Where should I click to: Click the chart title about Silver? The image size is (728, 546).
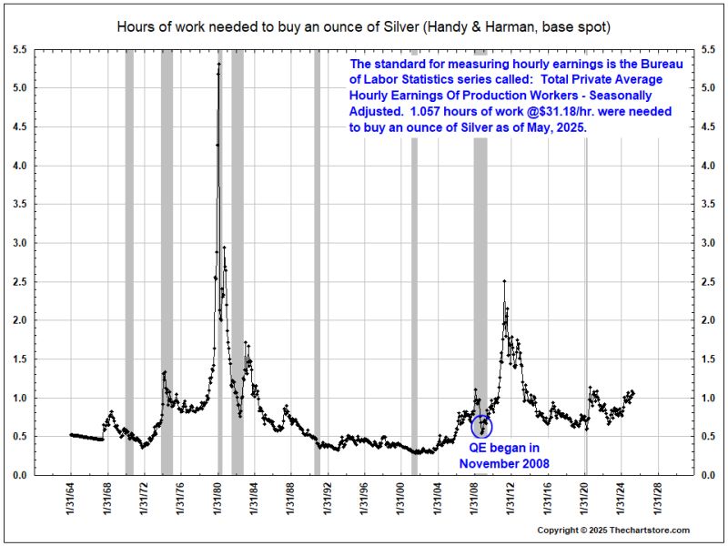pos(364,26)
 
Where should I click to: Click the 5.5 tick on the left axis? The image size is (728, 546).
pos(19,49)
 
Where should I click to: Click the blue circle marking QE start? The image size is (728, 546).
pos(482,425)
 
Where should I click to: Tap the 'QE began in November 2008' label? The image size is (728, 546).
pos(503,456)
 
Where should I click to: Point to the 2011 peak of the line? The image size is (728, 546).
pos(504,281)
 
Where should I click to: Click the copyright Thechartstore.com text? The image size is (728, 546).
pos(613,531)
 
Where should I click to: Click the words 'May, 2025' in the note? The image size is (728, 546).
pos(553,130)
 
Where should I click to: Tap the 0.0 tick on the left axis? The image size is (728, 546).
pos(19,475)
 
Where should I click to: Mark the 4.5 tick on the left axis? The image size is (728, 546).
pos(19,126)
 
